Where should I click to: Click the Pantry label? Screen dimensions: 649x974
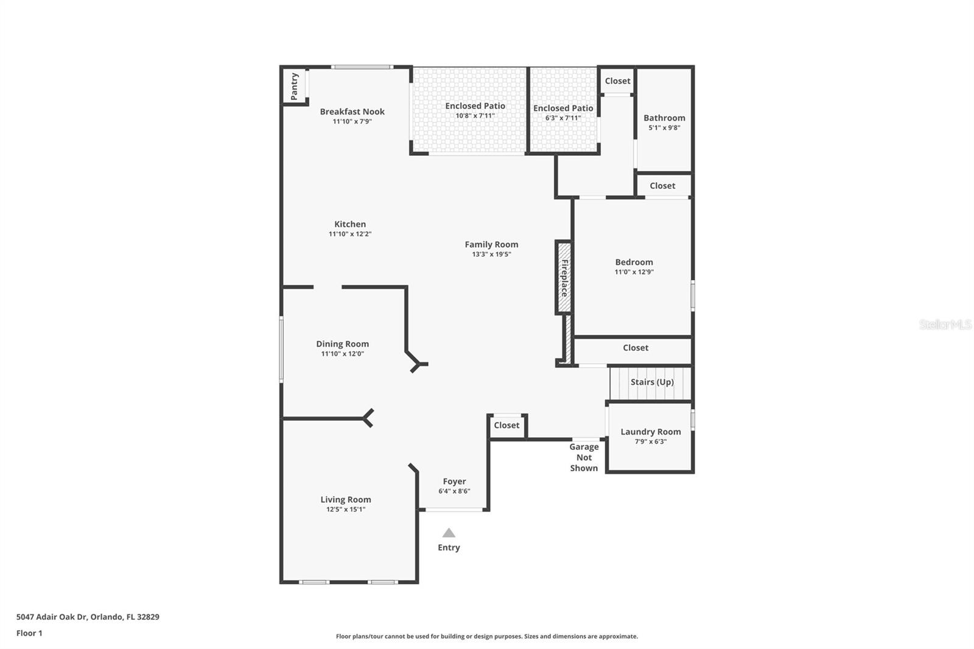point(294,86)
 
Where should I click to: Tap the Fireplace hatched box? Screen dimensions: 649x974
point(564,278)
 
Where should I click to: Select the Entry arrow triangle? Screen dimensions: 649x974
point(449,533)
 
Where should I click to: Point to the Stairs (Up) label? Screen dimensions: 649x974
point(652,382)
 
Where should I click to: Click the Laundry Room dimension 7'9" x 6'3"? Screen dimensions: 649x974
point(651,442)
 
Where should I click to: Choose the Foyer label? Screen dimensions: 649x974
point(454,482)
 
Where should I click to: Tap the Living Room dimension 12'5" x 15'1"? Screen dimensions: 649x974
point(346,510)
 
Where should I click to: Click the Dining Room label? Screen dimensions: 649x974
point(342,344)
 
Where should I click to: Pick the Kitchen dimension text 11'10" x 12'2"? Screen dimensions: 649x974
point(350,234)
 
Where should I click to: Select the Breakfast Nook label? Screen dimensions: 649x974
point(352,111)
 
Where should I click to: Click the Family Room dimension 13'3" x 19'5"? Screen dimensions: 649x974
point(491,254)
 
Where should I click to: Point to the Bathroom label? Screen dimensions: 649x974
point(664,118)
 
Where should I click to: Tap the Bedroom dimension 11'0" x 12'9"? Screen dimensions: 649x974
point(634,272)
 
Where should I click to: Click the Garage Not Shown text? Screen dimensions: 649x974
point(584,457)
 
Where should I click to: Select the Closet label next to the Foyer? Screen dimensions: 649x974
point(506,426)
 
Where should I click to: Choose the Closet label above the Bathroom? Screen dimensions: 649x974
point(617,81)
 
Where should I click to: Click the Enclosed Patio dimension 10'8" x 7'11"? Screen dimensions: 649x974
point(475,116)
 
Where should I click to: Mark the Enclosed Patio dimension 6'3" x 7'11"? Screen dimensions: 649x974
point(563,118)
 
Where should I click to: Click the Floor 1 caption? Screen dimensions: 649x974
point(29,633)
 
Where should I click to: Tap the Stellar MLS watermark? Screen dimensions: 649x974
point(945,324)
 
